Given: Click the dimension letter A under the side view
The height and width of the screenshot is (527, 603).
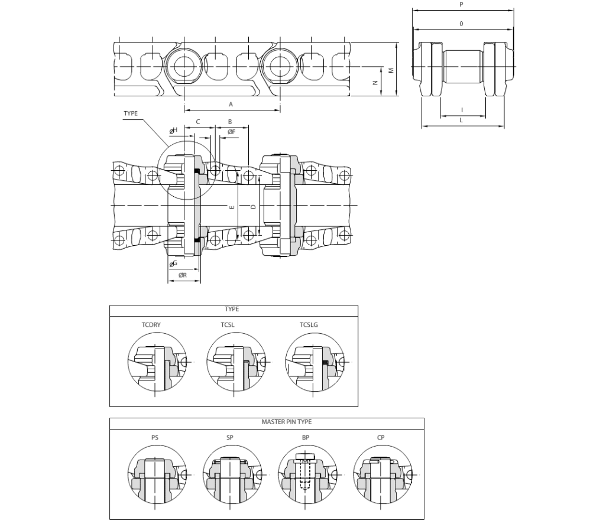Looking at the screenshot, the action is (231, 104).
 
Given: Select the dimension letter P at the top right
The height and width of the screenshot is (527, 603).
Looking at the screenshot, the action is (461, 5).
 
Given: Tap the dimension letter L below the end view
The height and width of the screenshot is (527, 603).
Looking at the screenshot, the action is (461, 120).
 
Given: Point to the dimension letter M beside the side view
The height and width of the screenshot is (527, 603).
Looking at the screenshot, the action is (391, 70).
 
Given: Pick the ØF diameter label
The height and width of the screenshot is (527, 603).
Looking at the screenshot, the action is (231, 132).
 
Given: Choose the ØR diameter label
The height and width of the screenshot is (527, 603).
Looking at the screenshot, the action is (183, 275).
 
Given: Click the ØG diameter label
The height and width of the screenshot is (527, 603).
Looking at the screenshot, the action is (173, 263).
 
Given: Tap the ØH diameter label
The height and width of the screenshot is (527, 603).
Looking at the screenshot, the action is (173, 131).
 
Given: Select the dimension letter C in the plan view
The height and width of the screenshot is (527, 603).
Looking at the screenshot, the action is (198, 122).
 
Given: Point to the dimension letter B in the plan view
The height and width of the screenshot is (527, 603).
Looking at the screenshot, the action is (230, 122).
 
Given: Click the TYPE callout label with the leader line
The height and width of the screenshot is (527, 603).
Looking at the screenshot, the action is (131, 113).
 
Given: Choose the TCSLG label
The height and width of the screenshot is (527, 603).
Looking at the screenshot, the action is (309, 325).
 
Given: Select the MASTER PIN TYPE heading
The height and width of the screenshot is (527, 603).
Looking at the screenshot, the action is (287, 422).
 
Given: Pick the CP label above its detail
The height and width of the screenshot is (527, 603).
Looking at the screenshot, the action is (381, 437).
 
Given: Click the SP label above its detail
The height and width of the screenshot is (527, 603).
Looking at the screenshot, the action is (229, 437).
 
